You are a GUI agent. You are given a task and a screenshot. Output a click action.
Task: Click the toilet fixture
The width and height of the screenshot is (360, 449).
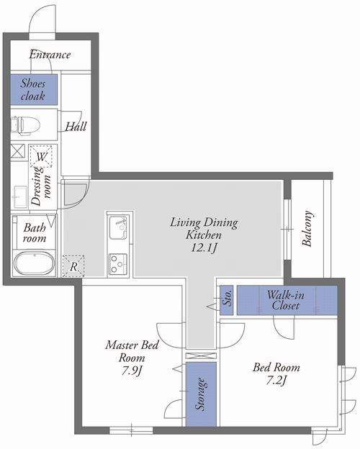point(25,125)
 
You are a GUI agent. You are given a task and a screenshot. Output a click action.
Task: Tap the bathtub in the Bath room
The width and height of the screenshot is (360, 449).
point(34,263)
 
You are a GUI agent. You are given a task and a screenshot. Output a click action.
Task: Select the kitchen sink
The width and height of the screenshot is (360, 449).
point(118,227)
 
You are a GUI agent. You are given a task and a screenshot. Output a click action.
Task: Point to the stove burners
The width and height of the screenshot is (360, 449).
point(118,264)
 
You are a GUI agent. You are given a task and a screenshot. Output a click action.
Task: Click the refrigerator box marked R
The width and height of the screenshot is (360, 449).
point(73,266)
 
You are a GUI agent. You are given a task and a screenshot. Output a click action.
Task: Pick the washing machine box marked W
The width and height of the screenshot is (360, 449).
point(41,156)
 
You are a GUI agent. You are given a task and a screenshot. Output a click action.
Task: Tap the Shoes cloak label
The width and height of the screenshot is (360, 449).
point(33,90)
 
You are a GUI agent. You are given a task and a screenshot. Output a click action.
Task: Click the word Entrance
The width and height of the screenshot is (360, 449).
point(50,55)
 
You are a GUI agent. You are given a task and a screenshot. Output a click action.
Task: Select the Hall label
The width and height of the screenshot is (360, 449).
point(76,127)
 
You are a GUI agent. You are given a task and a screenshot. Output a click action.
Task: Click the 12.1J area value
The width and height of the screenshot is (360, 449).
point(203,248)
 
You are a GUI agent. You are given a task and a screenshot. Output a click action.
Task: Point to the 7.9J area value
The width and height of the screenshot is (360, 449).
point(132,371)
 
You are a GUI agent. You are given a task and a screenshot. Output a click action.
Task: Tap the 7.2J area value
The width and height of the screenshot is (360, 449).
point(276,381)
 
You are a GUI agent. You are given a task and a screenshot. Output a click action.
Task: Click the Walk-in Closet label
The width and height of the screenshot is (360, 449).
point(286,300)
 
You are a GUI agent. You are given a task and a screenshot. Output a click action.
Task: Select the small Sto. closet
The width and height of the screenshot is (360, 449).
point(226,300)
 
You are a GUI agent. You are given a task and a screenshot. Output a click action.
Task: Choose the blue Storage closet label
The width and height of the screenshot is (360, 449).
point(201,394)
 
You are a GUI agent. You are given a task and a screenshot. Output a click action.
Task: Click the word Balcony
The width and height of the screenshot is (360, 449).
point(307,229)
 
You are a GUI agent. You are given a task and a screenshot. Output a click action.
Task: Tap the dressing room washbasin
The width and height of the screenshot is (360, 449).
point(20,196)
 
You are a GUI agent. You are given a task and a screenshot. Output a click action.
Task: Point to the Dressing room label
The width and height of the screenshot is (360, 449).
point(41,186)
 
